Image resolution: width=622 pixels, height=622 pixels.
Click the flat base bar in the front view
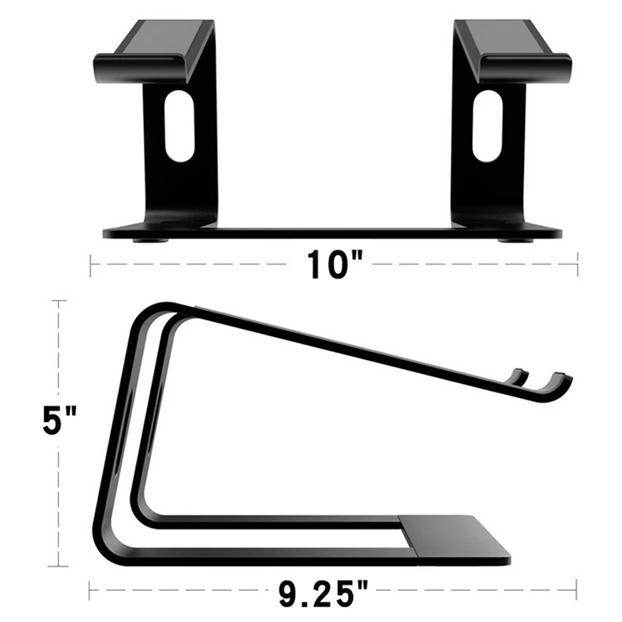coord(334,232)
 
